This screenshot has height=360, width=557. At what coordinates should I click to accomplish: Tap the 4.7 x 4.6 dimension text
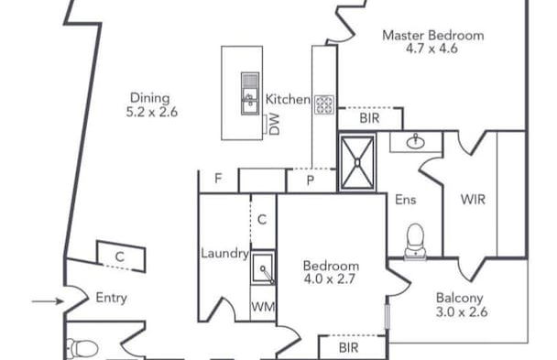[431, 49]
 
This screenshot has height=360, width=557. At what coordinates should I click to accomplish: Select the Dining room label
[148, 98]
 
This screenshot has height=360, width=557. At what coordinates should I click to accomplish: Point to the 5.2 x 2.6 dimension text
[151, 113]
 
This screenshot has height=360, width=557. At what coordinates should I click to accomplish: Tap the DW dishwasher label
[274, 125]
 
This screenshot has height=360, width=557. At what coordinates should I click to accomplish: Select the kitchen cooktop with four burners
[325, 104]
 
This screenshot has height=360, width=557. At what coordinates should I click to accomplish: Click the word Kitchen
[287, 99]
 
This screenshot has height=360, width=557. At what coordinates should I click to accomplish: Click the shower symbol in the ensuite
[356, 162]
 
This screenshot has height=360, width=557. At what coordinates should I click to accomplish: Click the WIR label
[473, 198]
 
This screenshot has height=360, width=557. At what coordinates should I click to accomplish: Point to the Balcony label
[460, 298]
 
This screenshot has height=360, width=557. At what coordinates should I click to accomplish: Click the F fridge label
[218, 180]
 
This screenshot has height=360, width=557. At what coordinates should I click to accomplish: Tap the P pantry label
[311, 181]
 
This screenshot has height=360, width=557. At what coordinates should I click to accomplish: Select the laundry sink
[263, 269]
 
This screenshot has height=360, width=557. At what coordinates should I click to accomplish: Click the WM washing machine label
[262, 307]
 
